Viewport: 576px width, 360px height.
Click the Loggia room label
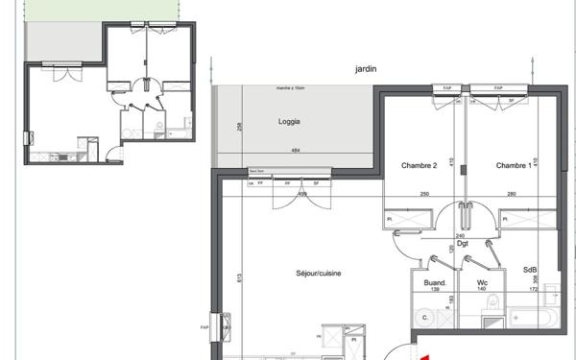(290, 122)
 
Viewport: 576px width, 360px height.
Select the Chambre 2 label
(419, 166)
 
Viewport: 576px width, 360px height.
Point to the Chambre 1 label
(514, 166)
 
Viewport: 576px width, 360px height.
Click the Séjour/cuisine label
(319, 274)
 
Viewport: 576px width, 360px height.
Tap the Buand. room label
(436, 282)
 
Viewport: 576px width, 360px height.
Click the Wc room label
(482, 282)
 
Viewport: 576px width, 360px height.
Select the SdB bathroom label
(530, 272)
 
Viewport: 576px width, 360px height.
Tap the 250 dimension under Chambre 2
(422, 195)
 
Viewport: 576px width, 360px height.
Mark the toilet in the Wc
(492, 306)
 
